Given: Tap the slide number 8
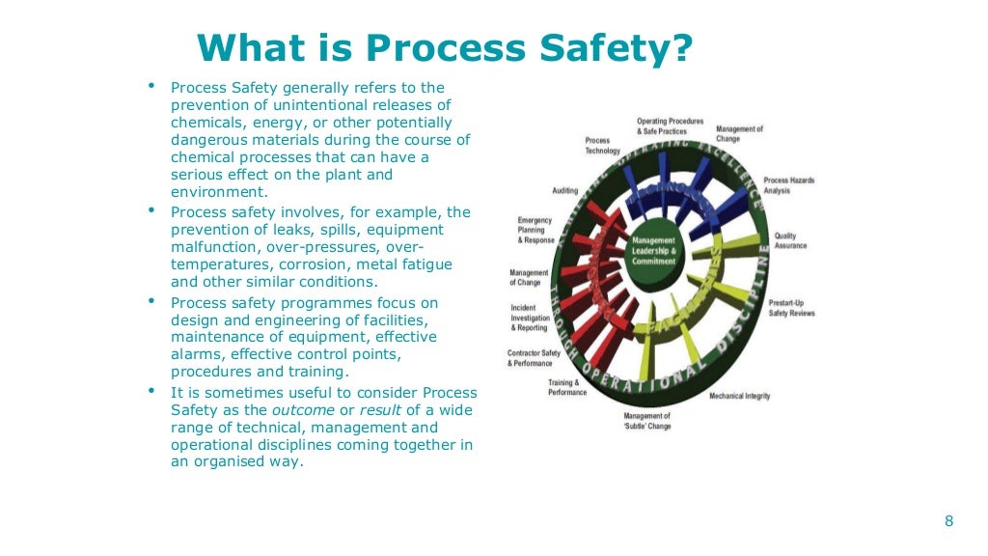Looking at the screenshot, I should pos(948,521).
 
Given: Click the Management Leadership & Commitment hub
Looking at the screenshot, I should pos(654,251).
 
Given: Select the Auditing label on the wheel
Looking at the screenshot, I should pos(565,190).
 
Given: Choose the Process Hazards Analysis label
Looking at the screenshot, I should pos(789,185).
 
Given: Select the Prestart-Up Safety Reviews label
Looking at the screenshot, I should pos(792,308).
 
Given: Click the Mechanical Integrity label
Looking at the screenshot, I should pos(739,397).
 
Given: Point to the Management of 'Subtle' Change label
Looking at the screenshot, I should pos(646,421).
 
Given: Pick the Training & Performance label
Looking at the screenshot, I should pos(568,388).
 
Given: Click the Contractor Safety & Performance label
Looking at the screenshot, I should pos(534,358).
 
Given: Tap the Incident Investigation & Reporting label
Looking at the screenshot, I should pos(530,318).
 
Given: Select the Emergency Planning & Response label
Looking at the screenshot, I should pos(535,231).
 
